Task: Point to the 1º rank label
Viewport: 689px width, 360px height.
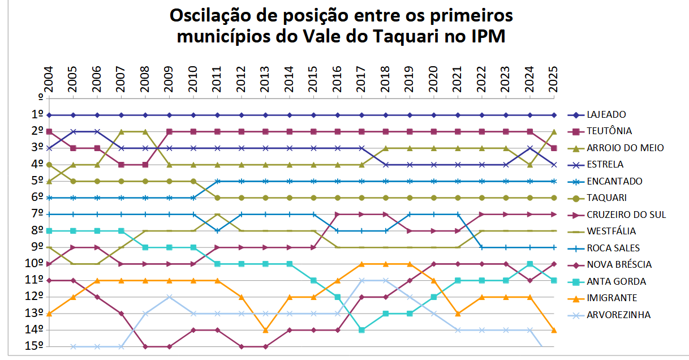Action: click(x=37, y=115)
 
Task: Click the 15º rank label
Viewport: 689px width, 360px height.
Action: click(x=35, y=346)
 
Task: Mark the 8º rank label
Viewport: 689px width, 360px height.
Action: click(x=37, y=231)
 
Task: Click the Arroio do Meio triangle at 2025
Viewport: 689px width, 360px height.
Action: click(x=554, y=131)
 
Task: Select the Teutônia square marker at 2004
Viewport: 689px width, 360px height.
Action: click(x=49, y=131)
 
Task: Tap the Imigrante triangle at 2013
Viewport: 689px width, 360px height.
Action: click(x=265, y=330)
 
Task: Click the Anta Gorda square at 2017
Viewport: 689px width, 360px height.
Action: click(x=361, y=330)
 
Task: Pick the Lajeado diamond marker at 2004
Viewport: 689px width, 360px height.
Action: click(x=49, y=115)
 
